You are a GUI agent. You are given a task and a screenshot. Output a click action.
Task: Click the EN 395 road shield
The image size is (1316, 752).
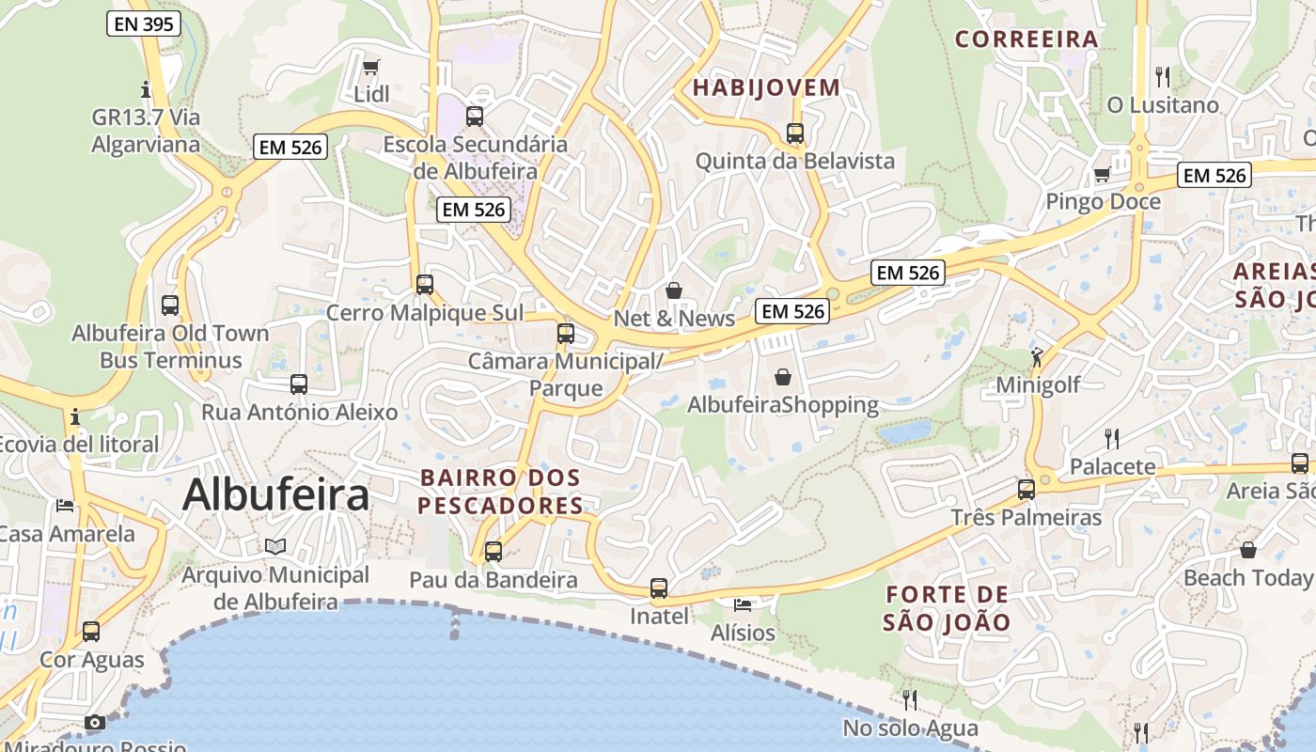[143, 24]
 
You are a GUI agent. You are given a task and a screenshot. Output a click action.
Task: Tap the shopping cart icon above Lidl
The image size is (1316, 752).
[371, 67]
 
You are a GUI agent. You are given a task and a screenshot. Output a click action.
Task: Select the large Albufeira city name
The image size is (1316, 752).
[275, 494]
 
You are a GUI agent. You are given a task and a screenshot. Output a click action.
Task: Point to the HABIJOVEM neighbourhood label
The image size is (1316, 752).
[766, 88]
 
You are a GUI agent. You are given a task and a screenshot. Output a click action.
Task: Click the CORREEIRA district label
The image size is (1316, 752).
[1026, 39]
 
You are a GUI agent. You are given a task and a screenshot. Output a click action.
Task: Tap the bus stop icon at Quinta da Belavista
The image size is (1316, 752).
[795, 133]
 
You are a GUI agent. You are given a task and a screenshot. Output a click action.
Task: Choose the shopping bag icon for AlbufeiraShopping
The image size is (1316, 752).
[782, 377]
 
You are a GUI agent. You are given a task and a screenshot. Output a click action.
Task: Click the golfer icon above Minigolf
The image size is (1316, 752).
[1037, 357]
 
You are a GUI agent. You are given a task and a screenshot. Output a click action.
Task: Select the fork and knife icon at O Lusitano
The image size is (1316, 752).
[1163, 76]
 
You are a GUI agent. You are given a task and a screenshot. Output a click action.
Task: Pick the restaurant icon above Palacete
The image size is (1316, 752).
[1111, 438]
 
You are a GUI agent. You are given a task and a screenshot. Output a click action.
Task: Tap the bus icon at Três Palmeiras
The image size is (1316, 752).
[1026, 490]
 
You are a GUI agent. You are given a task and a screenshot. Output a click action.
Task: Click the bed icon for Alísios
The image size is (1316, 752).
[743, 604]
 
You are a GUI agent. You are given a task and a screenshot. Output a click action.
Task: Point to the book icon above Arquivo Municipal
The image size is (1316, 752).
[275, 546]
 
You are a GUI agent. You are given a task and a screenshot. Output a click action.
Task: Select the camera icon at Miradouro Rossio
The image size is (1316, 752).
[95, 722]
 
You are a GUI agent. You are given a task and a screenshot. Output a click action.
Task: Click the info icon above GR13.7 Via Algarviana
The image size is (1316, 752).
[146, 90]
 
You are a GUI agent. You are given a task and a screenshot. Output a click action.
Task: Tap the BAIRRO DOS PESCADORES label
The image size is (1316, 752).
[501, 492]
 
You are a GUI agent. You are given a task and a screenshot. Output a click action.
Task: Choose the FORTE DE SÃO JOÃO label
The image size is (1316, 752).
[947, 608]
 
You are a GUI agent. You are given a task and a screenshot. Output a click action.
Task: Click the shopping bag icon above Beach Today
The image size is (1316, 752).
[1248, 550]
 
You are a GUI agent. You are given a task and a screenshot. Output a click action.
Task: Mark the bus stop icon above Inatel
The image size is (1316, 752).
[659, 588]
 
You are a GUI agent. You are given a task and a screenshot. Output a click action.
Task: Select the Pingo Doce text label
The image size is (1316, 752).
[1103, 202]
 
